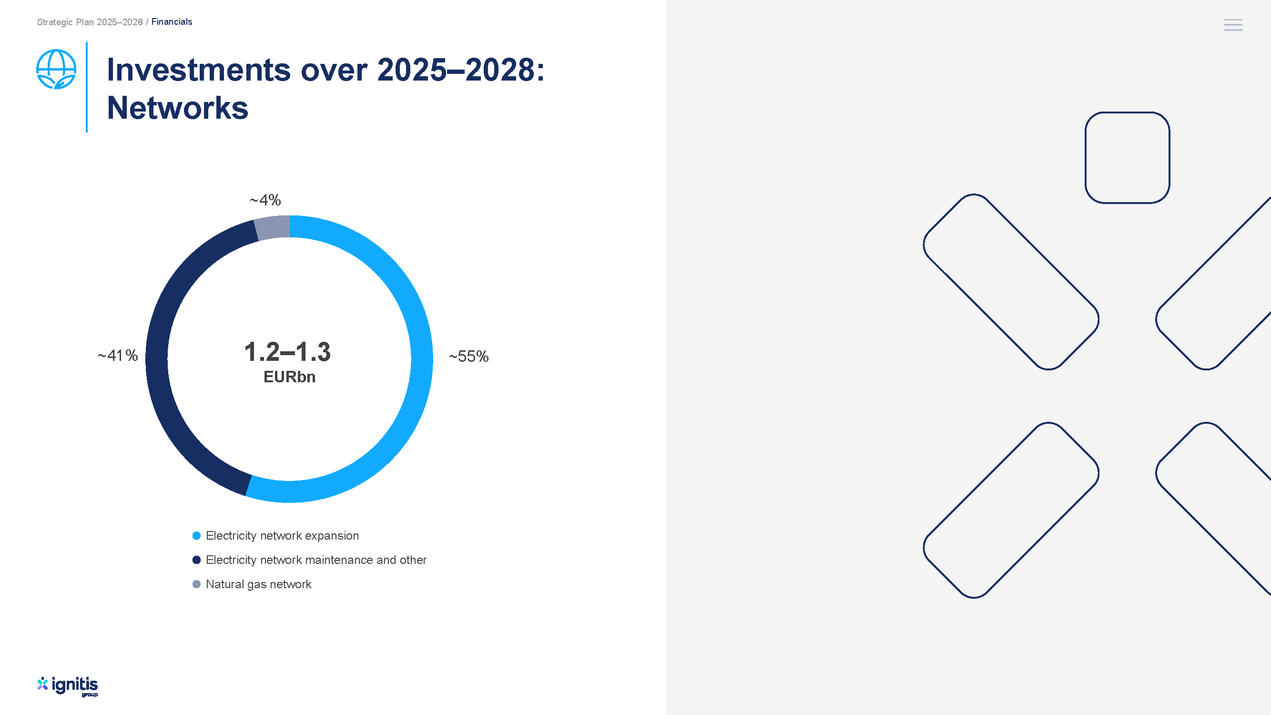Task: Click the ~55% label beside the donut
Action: (x=468, y=356)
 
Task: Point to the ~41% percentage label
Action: (x=117, y=355)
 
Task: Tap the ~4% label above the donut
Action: (x=265, y=200)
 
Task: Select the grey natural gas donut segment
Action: (x=272, y=227)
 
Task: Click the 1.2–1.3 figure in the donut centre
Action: (x=287, y=352)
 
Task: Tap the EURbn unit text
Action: (x=289, y=377)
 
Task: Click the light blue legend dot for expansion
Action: (x=196, y=536)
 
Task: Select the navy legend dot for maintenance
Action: (x=196, y=560)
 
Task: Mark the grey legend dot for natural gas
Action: (x=196, y=584)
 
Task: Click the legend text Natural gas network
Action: (x=259, y=584)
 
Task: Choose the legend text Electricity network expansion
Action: (x=282, y=536)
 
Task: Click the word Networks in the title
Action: (x=178, y=108)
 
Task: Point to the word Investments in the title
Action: (x=198, y=70)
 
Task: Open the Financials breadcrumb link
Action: (x=172, y=22)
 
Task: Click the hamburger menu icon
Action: (x=1233, y=25)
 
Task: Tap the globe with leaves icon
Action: (x=56, y=69)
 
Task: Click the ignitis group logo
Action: (x=68, y=686)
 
